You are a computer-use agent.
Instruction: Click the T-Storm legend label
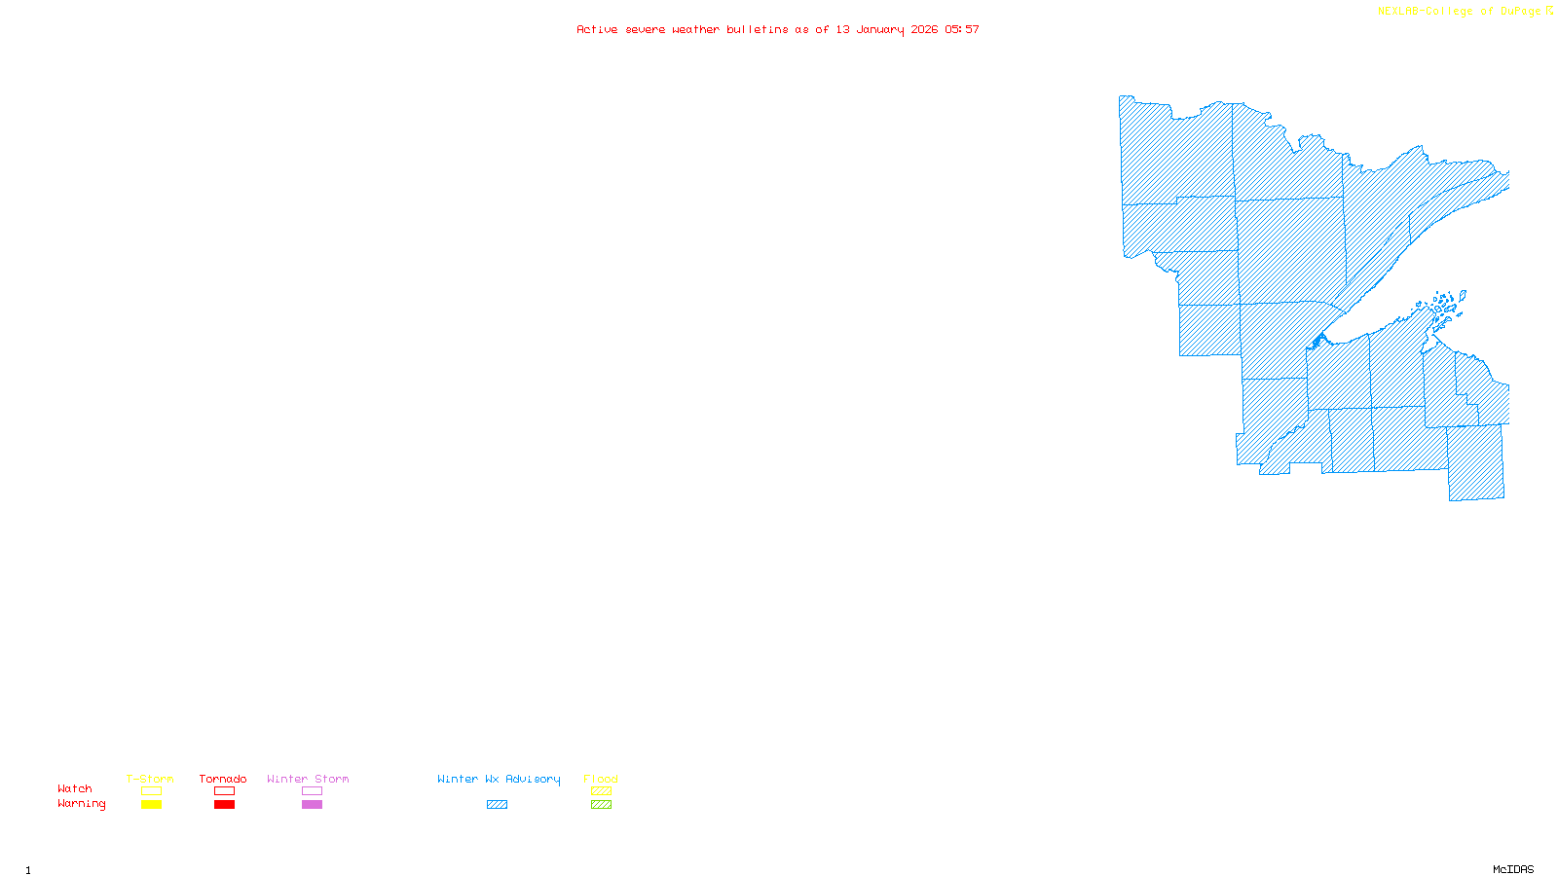pos(150,779)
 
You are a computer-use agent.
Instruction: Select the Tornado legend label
pos(223,779)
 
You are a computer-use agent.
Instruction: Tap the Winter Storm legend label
pos(308,779)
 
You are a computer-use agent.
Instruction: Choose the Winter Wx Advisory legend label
pos(499,779)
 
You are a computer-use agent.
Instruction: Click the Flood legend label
pos(601,779)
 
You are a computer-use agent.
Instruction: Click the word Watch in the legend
pos(75,788)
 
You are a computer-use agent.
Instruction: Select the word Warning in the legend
pos(82,804)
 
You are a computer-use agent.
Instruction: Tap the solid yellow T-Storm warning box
pos(151,805)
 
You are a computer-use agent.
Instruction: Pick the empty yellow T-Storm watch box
pos(151,791)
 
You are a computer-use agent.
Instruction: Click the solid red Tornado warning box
pos(225,805)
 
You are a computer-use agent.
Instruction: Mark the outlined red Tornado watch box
pos(225,791)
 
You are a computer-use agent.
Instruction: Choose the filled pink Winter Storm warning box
pos(312,805)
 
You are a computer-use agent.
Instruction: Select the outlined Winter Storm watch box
pos(312,791)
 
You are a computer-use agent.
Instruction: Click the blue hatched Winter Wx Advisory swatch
pos(497,805)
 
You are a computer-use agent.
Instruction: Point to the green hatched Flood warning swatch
pos(601,805)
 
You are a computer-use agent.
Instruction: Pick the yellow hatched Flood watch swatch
pos(601,791)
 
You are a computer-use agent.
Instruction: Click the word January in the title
pos(880,29)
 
